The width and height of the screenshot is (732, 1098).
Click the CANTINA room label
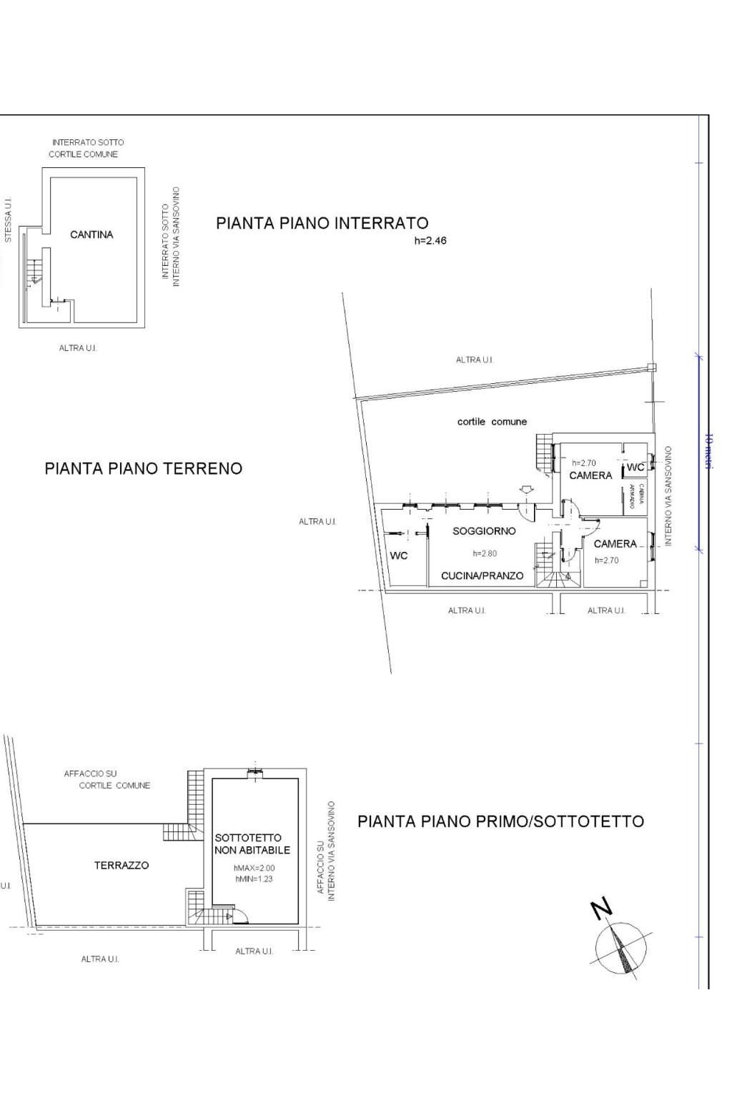click(91, 234)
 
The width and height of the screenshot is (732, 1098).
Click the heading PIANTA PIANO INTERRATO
click(322, 223)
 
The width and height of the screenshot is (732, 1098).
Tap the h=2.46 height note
click(430, 241)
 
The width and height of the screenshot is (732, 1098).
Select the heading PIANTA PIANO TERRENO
click(143, 468)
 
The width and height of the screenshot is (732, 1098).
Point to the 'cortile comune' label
click(492, 422)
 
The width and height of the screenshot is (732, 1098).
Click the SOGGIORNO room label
click(484, 531)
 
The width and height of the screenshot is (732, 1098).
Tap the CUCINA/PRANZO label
click(482, 575)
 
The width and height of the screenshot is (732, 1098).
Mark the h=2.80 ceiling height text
click(484, 553)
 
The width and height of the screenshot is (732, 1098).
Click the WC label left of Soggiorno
click(399, 556)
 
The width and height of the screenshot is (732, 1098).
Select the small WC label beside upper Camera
click(635, 468)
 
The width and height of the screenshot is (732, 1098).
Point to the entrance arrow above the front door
click(525, 490)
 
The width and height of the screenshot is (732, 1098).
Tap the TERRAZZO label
click(122, 865)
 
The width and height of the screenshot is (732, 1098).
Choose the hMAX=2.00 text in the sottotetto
click(254, 868)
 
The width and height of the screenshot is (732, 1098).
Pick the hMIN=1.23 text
click(254, 879)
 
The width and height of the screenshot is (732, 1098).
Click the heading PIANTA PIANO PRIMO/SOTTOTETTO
click(500, 821)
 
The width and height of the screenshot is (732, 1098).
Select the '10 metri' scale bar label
click(708, 450)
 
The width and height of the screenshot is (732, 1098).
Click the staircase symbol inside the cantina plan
click(33, 272)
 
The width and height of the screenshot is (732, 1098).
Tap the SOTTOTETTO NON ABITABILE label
click(252, 844)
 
